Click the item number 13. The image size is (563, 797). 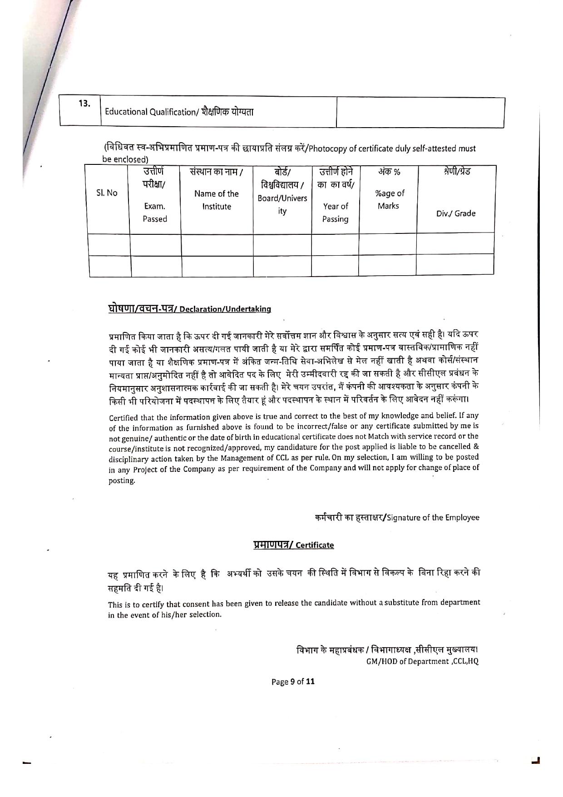[84, 103]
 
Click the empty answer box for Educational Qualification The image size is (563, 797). [420, 112]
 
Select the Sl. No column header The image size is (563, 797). [107, 193]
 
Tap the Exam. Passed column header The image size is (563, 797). [155, 212]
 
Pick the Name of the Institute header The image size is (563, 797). [217, 200]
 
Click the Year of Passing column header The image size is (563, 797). [335, 212]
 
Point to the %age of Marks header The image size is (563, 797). [389, 199]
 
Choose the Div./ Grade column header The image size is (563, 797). [456, 213]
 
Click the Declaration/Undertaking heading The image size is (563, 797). [225, 309]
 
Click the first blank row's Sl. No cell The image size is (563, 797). [109, 244]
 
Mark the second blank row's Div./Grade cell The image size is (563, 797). [455, 265]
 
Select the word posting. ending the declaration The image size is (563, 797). [121, 481]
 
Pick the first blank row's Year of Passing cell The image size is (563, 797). [335, 244]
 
